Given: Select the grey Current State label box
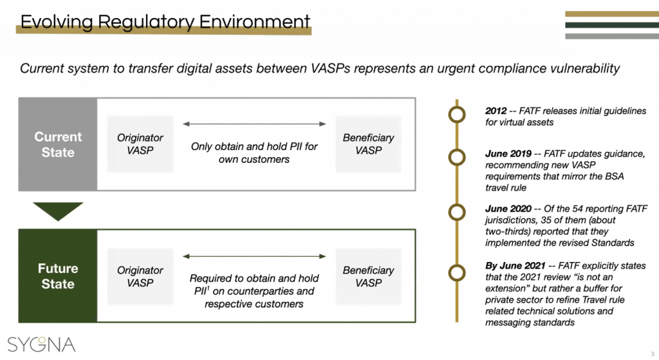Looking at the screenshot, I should click(x=58, y=144).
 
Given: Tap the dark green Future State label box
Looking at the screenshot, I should click(x=58, y=276).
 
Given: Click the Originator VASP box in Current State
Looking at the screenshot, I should click(x=140, y=144).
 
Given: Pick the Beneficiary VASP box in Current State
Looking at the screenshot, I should click(x=368, y=144).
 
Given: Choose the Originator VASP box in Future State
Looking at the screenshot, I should click(x=140, y=276).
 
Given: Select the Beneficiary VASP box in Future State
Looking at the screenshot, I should click(x=368, y=276).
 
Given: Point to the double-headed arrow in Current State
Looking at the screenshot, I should click(x=254, y=123).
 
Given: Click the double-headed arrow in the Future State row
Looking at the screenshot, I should click(x=254, y=256).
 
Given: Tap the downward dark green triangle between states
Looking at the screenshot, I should click(x=58, y=211).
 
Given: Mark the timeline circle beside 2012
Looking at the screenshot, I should click(x=457, y=115).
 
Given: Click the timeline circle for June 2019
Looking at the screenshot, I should click(x=457, y=157).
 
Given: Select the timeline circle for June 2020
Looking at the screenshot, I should click(x=457, y=212).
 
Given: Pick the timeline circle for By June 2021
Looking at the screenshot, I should click(x=457, y=272).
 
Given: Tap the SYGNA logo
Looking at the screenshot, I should click(x=41, y=343).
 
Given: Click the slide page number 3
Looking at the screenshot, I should click(x=651, y=353).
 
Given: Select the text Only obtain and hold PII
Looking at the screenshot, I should click(x=254, y=146).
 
